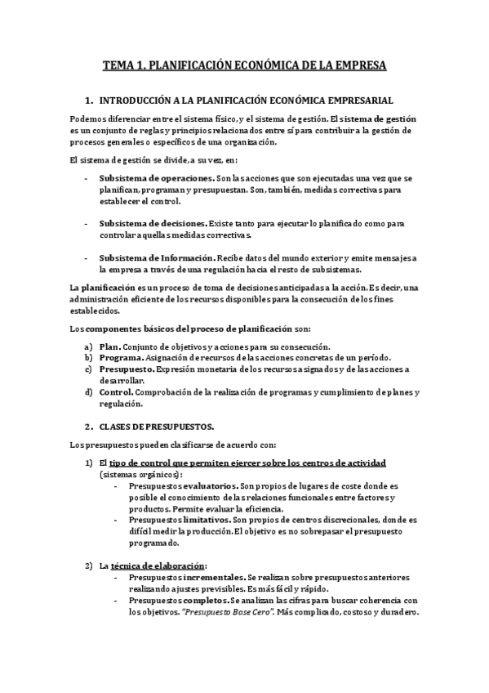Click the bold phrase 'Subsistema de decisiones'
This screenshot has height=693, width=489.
(153, 222)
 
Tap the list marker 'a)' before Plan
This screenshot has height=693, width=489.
(88, 346)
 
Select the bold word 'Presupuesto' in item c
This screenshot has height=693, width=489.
(129, 369)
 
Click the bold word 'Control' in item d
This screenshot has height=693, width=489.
(118, 392)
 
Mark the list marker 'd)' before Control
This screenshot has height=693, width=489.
(88, 392)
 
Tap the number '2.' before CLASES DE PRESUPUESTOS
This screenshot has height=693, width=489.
(89, 427)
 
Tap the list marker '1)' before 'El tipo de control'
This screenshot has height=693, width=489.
(89, 463)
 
